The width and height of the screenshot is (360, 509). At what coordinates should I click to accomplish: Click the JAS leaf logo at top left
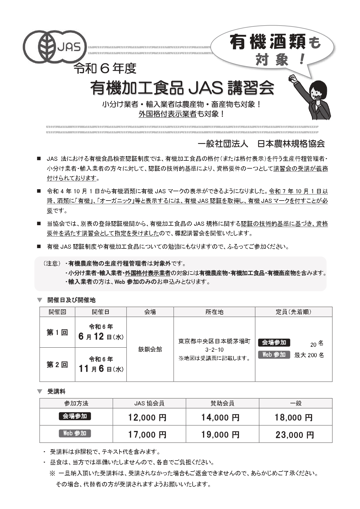tap(55, 46)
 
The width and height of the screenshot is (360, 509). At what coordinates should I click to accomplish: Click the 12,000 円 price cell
tap(147, 417)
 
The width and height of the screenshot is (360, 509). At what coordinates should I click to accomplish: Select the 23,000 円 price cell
tap(295, 434)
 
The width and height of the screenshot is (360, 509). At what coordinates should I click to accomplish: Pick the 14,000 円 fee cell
tap(220, 417)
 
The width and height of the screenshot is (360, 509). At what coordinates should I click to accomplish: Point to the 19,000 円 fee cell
tap(220, 434)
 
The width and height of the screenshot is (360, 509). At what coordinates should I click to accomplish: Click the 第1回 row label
tap(57, 332)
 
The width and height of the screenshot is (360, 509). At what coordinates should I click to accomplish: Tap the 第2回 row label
tap(57, 364)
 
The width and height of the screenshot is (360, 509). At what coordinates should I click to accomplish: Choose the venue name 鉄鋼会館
tap(150, 349)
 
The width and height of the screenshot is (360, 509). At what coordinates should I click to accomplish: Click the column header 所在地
tap(214, 312)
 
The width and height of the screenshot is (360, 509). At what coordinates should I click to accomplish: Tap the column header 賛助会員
tap(222, 403)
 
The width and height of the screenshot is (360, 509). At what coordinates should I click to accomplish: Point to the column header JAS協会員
tap(149, 403)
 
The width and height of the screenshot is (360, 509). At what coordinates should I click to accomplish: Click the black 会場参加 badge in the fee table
tap(75, 416)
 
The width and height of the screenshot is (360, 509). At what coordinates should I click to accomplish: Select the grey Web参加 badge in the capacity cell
tap(274, 355)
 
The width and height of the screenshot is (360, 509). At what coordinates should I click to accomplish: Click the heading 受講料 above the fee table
tap(56, 391)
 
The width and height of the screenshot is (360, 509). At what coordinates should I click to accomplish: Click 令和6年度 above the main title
tap(105, 68)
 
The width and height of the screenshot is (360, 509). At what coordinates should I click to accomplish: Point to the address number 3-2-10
tap(214, 350)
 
